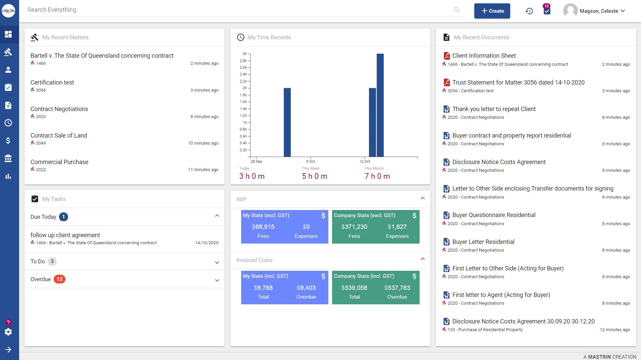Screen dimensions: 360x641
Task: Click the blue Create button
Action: (x=492, y=11)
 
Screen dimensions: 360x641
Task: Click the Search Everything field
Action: (x=235, y=10)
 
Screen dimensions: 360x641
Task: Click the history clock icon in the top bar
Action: (x=529, y=11)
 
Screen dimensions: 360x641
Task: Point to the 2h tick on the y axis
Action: (x=245, y=88)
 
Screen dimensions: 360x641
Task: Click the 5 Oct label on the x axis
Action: (x=310, y=161)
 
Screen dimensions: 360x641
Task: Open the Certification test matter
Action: (x=52, y=83)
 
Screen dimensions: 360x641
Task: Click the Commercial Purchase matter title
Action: (x=59, y=162)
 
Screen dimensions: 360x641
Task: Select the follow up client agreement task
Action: (x=65, y=235)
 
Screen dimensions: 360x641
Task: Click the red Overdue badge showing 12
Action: (x=59, y=279)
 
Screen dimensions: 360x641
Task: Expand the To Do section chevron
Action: (x=217, y=262)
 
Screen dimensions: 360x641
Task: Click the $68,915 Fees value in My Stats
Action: (x=263, y=227)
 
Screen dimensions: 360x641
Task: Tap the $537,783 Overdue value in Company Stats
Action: (x=397, y=288)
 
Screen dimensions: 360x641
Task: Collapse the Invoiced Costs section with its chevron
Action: (x=423, y=259)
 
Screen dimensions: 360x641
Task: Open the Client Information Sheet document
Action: (x=484, y=56)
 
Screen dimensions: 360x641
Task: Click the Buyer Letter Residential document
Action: (x=483, y=242)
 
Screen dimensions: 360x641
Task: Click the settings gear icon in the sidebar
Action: (x=8, y=332)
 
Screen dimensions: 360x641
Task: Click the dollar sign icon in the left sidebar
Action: (x=8, y=141)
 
